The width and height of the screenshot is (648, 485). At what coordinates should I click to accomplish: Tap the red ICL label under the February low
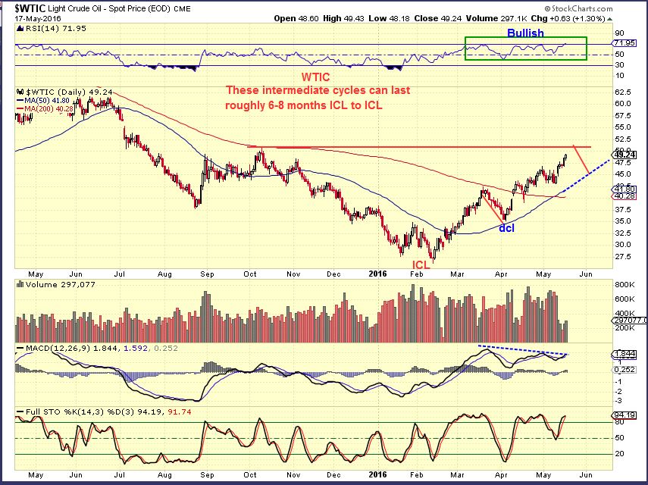[x=421, y=264]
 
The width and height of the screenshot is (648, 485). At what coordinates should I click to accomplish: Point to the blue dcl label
[x=506, y=227]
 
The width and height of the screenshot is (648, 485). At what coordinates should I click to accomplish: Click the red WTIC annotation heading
[x=316, y=77]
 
